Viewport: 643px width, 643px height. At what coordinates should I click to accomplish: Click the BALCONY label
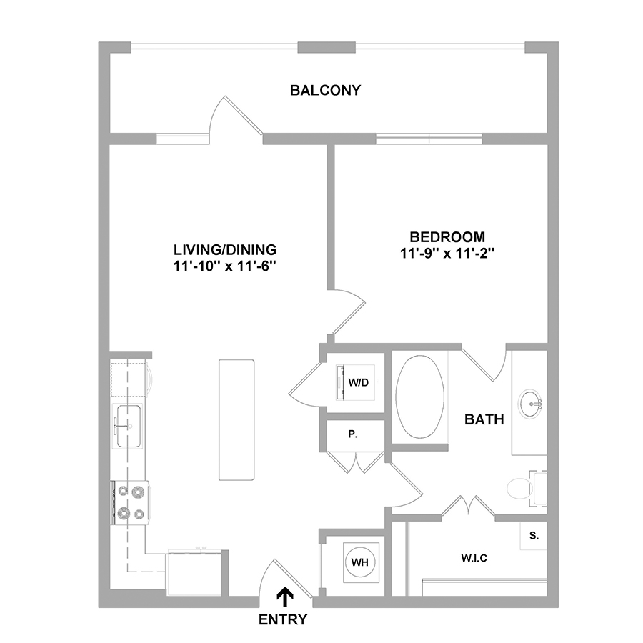pos(325,90)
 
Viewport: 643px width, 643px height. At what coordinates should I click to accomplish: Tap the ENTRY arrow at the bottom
pos(284,597)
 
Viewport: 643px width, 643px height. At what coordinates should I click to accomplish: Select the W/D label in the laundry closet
pos(359,383)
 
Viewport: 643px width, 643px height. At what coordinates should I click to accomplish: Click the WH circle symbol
pos(359,562)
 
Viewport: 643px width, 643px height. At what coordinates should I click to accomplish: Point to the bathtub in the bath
pos(420,396)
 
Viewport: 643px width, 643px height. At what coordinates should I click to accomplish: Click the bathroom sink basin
pos(531,404)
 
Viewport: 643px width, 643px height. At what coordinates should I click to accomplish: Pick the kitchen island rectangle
pos(236,419)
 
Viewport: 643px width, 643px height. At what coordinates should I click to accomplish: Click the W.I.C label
pos(474,558)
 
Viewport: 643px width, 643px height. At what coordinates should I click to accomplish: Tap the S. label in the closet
pos(534,536)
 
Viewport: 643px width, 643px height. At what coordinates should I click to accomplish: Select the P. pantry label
pos(353,434)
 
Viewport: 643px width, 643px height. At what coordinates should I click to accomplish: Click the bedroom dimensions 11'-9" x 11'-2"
pos(447,254)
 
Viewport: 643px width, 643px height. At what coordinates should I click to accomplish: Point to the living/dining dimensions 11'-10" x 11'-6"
pos(225,266)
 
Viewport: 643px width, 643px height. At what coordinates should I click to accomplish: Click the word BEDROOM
pos(447,237)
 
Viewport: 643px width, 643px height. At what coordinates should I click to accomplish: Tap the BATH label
pos(484,419)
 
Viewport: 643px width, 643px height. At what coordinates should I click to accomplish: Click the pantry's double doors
pos(356,462)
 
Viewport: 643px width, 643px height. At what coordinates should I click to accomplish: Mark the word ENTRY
pos(283,619)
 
